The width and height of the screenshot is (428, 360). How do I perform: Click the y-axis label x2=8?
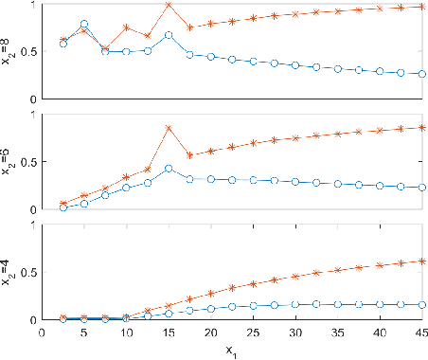(9, 50)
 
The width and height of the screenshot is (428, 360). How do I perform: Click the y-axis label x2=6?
(9, 162)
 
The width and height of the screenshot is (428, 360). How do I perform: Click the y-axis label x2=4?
(9, 273)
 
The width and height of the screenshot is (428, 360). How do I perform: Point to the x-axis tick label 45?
(421, 332)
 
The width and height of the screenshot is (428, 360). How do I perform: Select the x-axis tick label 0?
(42, 332)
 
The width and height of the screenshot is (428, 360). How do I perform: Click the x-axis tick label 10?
(126, 332)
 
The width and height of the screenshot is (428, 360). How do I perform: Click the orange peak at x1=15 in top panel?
(169, 5)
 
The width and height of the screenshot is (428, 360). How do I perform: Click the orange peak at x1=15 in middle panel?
(169, 128)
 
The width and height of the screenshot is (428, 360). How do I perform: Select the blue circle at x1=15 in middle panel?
(169, 169)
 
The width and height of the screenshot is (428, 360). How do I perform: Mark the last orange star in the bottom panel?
(421, 261)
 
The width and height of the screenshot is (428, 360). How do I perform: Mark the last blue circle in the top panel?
(421, 73)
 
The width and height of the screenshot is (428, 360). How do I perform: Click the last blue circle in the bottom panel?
(421, 305)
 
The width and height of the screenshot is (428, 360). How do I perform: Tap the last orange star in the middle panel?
(421, 128)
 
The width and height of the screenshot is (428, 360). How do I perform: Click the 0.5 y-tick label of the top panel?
(28, 51)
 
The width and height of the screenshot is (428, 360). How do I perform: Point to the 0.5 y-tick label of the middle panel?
(28, 162)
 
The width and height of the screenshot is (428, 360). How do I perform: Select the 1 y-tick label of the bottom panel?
(33, 226)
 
